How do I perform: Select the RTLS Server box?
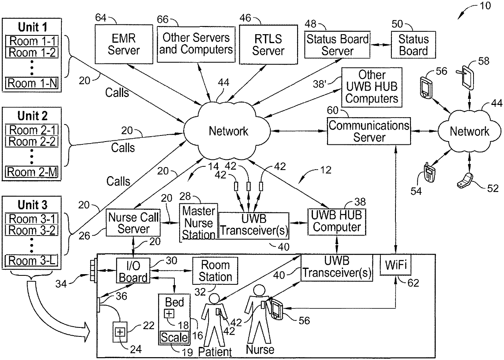[x=268, y=44]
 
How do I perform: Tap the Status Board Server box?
[x=337, y=45]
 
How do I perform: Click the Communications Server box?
[x=369, y=131]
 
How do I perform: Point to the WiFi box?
[x=395, y=265]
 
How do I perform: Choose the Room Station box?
[x=215, y=271]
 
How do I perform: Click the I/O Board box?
[x=133, y=271]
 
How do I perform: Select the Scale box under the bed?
[x=174, y=337]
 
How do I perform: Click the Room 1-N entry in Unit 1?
[x=33, y=83]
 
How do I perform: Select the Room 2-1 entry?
[x=33, y=130]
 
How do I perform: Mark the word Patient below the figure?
[x=215, y=351]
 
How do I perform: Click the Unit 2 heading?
[x=33, y=116]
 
